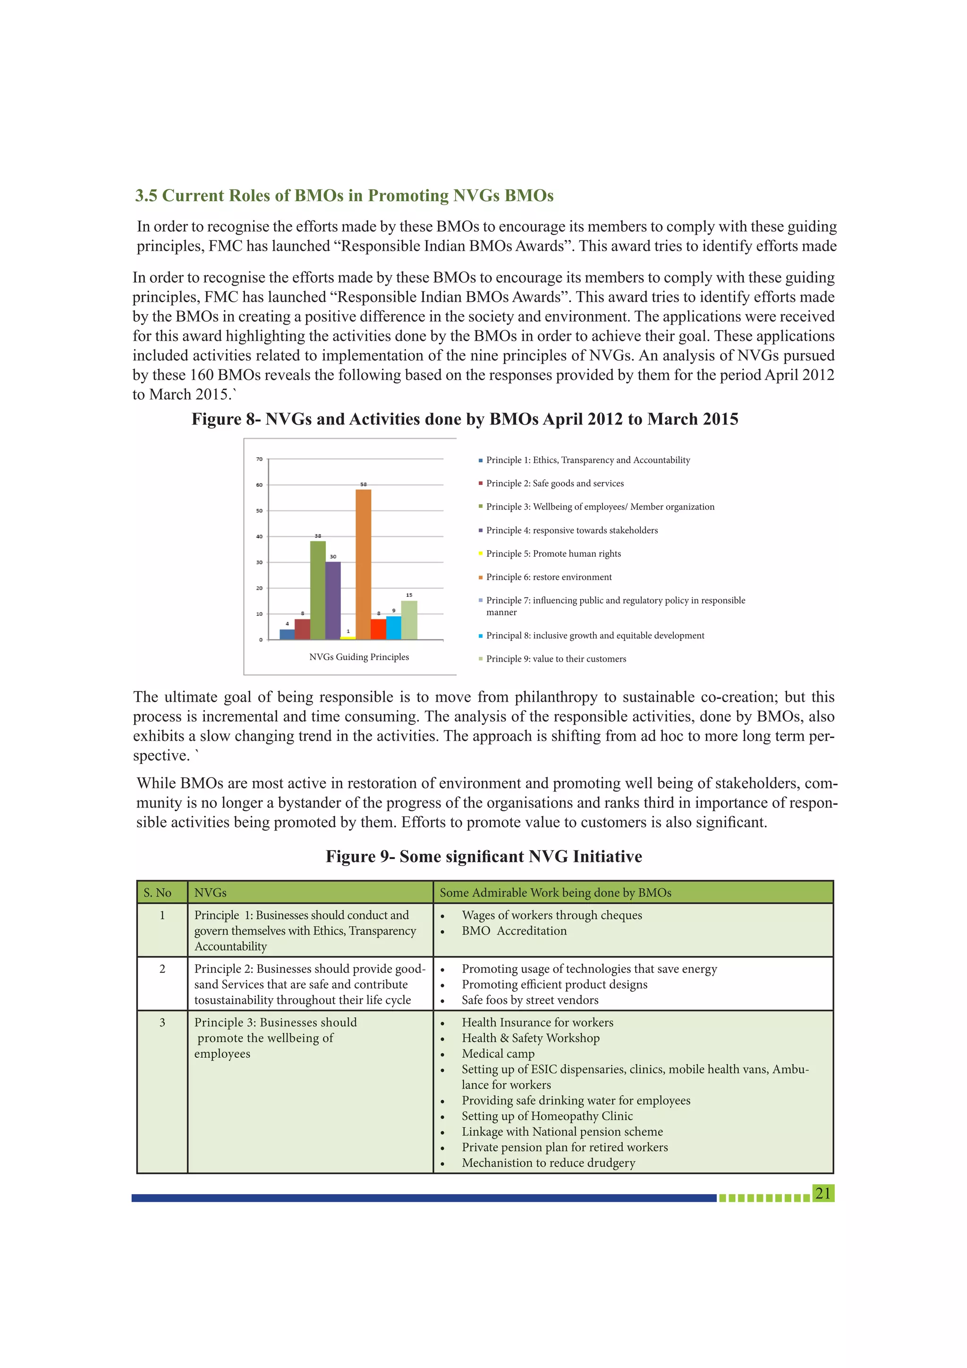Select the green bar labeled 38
318,589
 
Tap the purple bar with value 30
333,600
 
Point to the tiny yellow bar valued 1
348,637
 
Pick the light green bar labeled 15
409,620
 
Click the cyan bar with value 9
393,628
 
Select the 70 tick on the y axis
259,459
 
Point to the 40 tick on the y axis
259,536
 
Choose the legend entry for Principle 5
553,553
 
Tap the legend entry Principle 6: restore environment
548,577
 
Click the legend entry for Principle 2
554,483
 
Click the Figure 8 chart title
464,419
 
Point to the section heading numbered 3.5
344,195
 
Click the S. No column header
157,892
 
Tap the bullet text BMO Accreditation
514,931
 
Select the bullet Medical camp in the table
498,1054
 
